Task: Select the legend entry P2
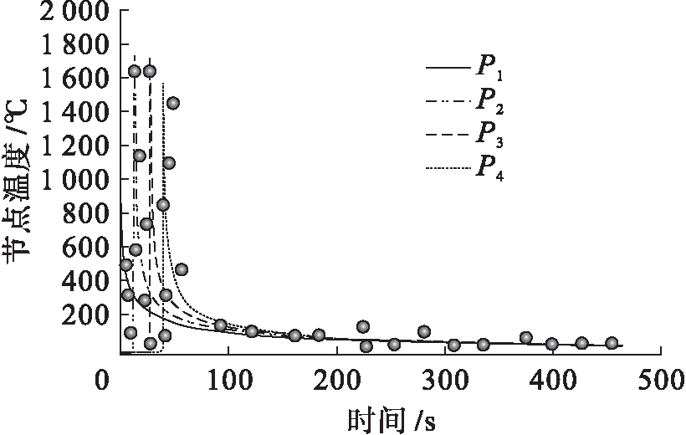pyautogui.click(x=489, y=101)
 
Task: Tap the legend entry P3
pyautogui.click(x=489, y=133)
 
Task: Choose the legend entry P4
pyautogui.click(x=489, y=166)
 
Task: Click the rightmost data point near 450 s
pyautogui.click(x=612, y=343)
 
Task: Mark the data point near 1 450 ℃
pyautogui.click(x=173, y=103)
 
